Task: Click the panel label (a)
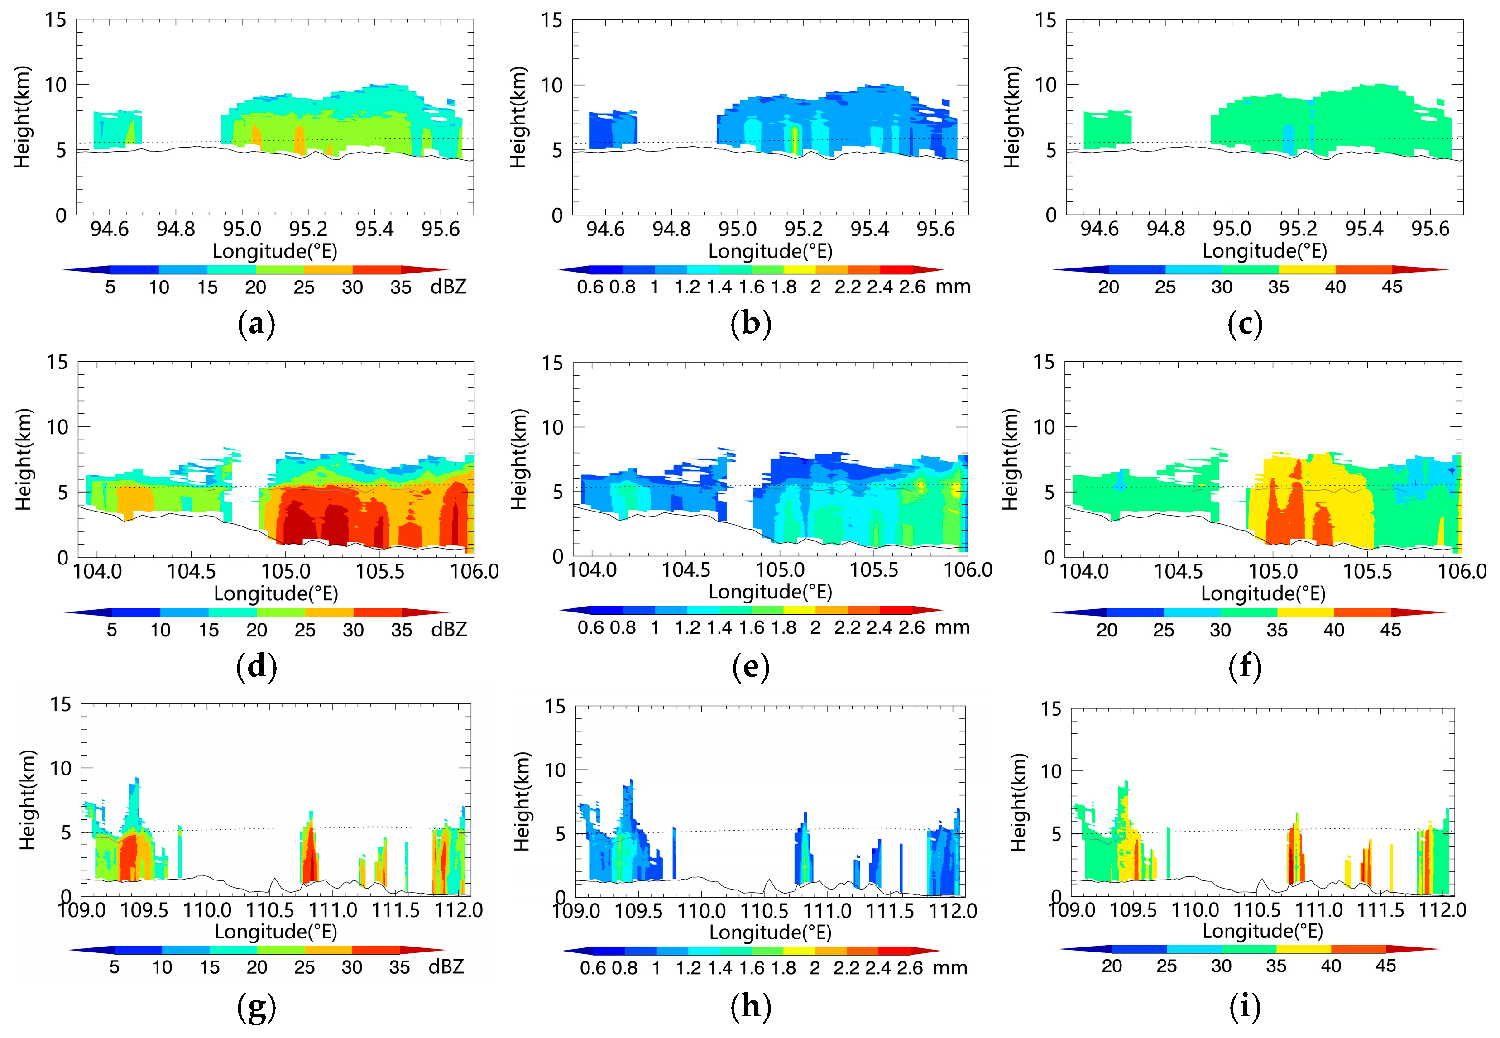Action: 256,324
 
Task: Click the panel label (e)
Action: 751,667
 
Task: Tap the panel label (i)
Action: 1244,1006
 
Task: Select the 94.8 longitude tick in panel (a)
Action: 176,229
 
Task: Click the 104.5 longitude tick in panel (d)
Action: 191,572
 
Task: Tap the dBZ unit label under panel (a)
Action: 448,287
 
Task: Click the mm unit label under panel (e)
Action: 952,627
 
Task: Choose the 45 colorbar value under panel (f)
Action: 1390,630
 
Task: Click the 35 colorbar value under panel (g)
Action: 399,967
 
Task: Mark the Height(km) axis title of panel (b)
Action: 518,117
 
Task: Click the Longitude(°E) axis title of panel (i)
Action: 1262,931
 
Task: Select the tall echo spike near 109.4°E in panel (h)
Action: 628,813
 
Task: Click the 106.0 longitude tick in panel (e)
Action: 967,570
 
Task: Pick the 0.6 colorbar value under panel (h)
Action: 593,968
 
